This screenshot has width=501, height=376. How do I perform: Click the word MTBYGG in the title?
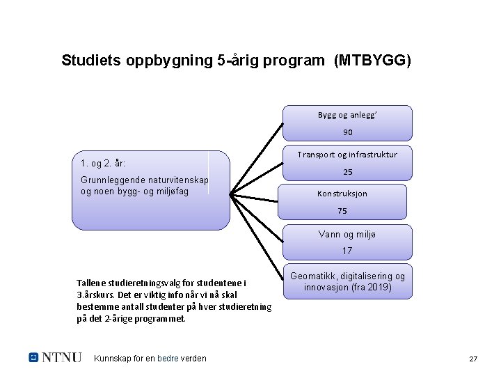click(373, 61)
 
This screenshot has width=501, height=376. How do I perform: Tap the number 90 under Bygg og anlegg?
click(348, 132)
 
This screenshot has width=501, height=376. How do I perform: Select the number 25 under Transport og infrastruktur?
click(348, 171)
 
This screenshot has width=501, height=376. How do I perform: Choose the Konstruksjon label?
click(342, 194)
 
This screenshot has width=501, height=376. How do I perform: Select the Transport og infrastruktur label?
click(348, 154)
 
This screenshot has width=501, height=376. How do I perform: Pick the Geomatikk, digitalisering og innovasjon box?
click(348, 282)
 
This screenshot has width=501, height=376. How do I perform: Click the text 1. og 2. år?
click(103, 164)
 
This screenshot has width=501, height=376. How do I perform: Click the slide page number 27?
click(473, 359)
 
